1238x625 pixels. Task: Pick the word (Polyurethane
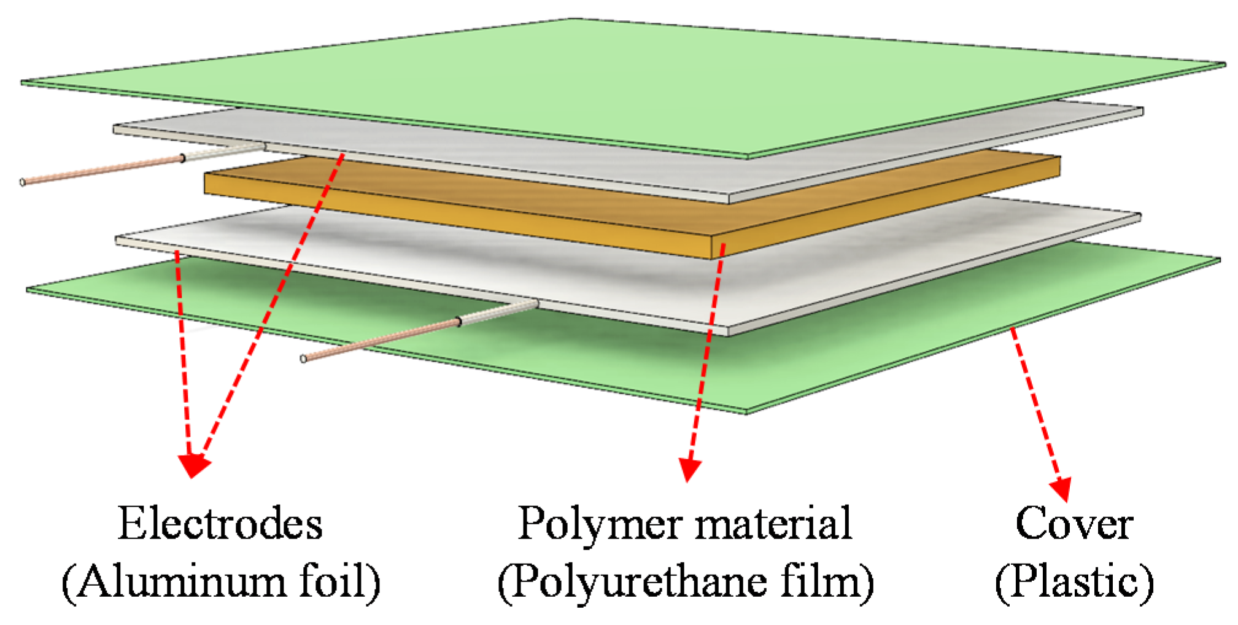[632, 581]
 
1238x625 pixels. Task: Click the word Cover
[1074, 524]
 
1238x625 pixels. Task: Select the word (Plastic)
[1074, 581]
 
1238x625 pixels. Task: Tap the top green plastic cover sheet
[614, 80]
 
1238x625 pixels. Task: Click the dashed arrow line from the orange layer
[706, 356]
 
